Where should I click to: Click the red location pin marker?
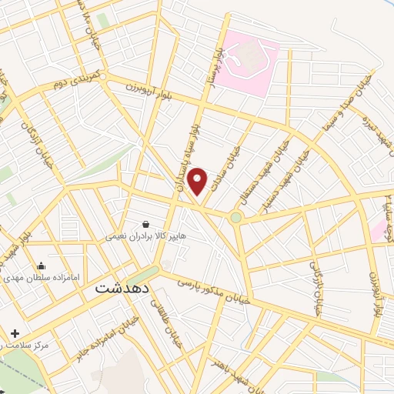click(199, 181)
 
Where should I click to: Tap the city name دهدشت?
click(120, 289)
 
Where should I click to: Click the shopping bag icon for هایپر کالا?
click(145, 224)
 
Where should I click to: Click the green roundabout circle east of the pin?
click(236, 218)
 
